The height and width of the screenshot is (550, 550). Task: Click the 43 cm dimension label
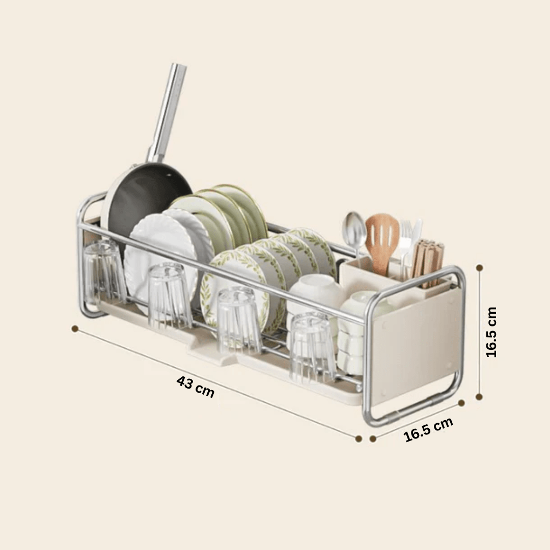click(195, 386)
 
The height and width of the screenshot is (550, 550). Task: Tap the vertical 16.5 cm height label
click(491, 332)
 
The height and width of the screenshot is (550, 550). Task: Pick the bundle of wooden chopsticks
click(428, 261)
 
